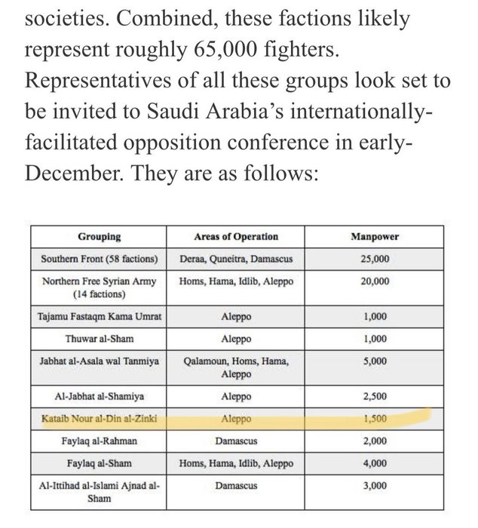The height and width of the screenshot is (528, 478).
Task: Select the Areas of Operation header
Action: [x=235, y=237]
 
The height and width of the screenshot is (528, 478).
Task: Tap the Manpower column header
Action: [x=375, y=237]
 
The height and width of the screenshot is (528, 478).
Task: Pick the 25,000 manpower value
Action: [x=375, y=259]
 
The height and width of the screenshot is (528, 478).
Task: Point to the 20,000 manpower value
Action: [x=375, y=281]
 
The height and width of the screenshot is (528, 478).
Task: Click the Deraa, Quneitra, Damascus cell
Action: [x=235, y=259]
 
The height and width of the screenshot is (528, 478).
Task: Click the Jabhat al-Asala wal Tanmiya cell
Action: [x=98, y=361]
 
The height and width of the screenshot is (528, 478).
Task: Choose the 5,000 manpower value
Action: [x=375, y=361]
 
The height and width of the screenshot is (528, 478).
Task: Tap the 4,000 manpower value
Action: [x=375, y=463]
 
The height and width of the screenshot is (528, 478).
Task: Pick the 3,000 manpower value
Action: [x=375, y=487]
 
